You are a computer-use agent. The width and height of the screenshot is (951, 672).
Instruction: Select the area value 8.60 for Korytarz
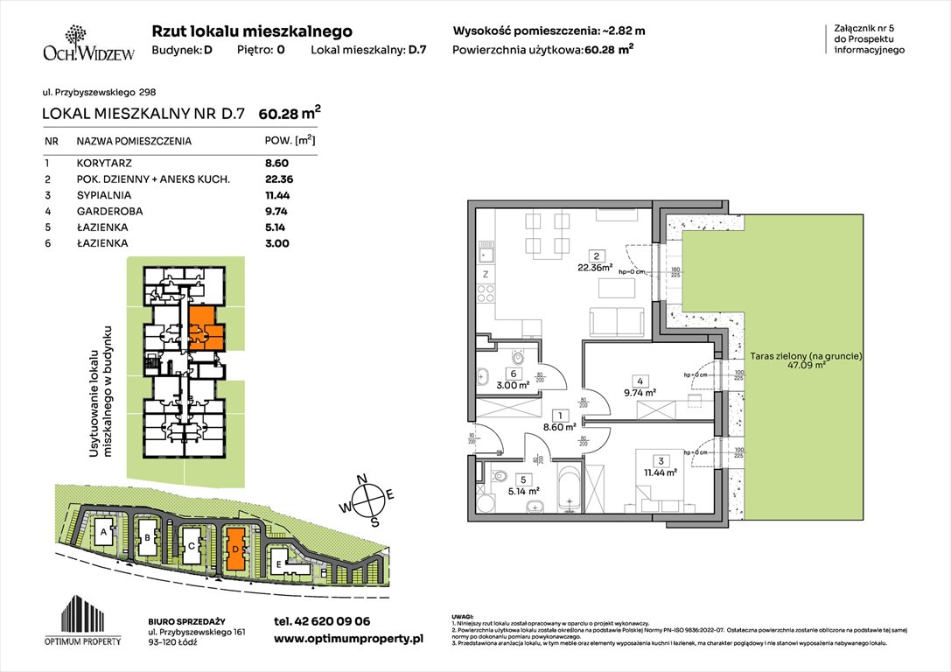pos(276,163)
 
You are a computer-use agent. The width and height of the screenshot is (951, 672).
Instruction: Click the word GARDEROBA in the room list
pos(109,211)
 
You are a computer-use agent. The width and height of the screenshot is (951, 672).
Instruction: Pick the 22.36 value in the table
pos(279,178)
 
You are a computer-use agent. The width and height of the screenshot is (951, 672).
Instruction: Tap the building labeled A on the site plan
pos(104,533)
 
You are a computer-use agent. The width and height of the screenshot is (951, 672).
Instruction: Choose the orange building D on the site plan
pos(235,549)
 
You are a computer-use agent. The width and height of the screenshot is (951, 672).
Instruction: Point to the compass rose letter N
pos(372,479)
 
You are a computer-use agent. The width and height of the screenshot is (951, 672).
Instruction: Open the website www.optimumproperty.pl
pos(348,639)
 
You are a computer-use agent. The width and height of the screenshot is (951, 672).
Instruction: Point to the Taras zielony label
pos(806,356)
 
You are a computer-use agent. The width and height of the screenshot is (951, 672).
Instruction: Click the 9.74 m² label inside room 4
pos(643,392)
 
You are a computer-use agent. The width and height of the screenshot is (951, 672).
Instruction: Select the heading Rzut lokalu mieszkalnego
pos(252,31)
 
